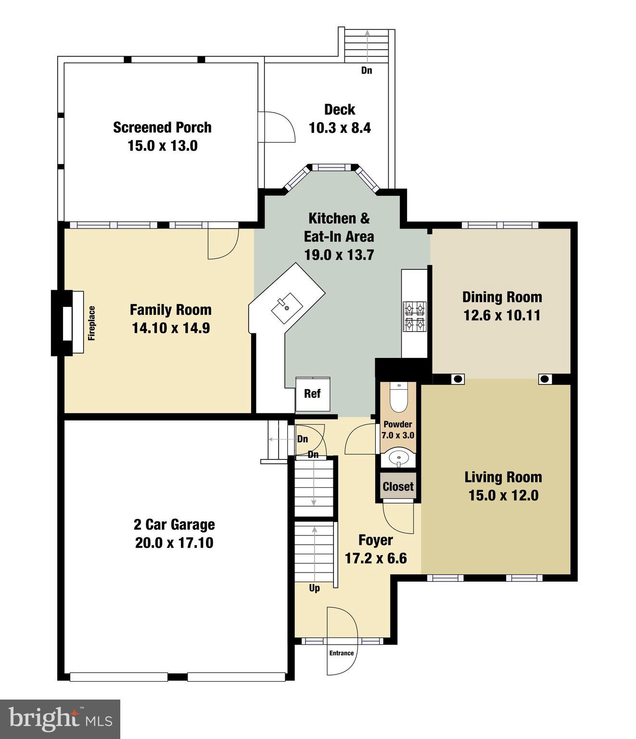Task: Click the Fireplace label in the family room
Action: coord(91,323)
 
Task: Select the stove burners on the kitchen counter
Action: coord(415,315)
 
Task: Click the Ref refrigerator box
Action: coord(312,394)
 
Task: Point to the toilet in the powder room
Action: coord(398,398)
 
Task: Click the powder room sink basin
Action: coord(398,458)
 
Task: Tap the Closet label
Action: coord(398,486)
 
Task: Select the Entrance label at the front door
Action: coord(342,653)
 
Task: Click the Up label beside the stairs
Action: coord(314,588)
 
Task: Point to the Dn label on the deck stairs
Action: coord(367,70)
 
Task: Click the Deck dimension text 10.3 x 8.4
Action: coord(340,128)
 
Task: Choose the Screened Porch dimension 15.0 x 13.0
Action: coord(162,146)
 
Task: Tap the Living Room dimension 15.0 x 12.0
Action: coord(503,495)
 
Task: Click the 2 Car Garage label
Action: coord(174,524)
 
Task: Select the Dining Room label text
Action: coord(502,297)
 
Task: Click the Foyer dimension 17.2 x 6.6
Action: coord(376,558)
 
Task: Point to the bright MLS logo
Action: coord(60,719)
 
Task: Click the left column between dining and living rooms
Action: coord(458,379)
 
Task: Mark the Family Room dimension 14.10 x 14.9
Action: coord(171,328)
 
